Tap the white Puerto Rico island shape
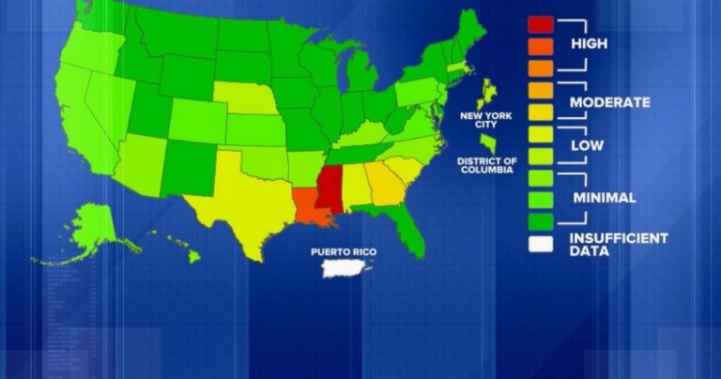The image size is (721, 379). (x=345, y=270)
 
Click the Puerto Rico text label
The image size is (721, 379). (x=344, y=251)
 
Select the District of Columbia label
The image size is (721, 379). (x=486, y=166)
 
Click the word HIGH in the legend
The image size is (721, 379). (x=589, y=44)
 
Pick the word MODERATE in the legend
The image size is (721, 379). (x=610, y=102)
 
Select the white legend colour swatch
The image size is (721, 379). (x=541, y=246)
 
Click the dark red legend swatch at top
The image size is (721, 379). (x=541, y=23)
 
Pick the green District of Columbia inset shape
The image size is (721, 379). (x=489, y=143)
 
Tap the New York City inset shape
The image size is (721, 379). (x=486, y=93)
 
